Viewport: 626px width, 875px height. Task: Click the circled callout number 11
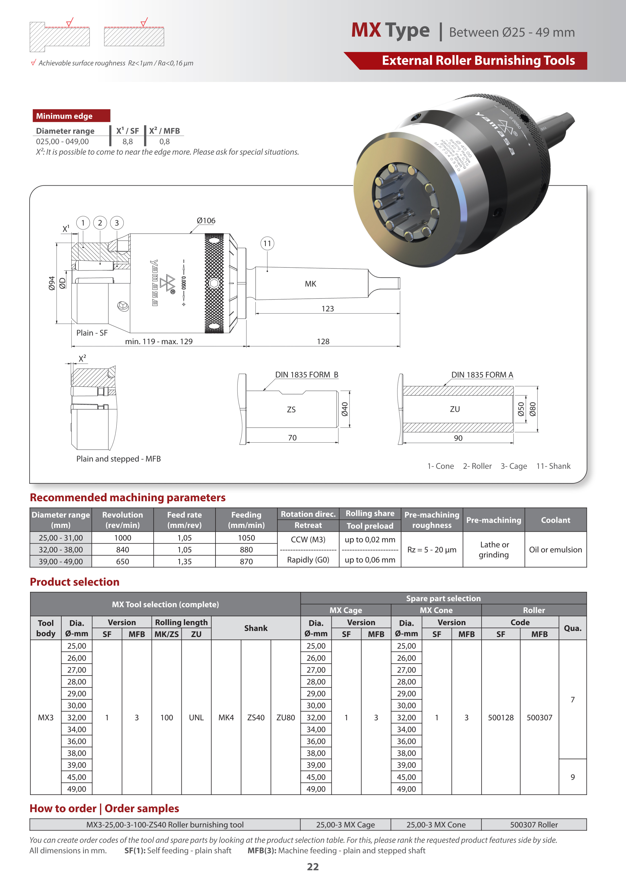267,244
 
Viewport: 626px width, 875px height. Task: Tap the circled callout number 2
100,223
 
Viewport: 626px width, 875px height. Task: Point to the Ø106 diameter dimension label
206,221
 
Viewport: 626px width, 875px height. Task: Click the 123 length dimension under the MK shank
328,309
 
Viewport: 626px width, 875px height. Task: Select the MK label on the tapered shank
310,284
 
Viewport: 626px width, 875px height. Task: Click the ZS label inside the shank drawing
291,410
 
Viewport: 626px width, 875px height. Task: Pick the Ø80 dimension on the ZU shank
533,409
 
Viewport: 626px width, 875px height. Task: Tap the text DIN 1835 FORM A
482,375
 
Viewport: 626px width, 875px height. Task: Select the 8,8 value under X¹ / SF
127,141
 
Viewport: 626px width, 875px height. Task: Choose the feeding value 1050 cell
246,538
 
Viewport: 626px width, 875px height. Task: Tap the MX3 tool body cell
45,718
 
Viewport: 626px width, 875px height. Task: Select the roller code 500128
501,718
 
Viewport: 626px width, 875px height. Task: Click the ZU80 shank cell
286,718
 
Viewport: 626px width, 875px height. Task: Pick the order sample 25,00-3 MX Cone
436,825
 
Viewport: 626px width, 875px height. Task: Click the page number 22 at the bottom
312,867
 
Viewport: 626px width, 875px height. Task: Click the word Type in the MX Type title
407,31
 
